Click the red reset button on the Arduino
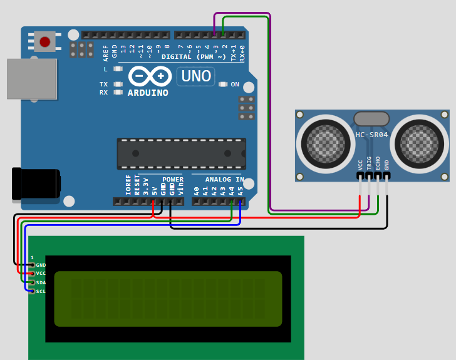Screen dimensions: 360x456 [x=44, y=42]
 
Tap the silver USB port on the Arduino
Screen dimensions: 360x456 [x=31, y=79]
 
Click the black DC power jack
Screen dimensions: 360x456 [x=36, y=183]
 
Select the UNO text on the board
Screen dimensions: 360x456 [x=195, y=77]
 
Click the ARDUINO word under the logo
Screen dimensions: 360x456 [x=148, y=93]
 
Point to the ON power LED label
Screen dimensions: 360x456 [x=235, y=85]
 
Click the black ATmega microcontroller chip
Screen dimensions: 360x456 [x=181, y=154]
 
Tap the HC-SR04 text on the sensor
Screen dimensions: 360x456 [x=372, y=135]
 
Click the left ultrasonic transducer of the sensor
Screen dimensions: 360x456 [x=325, y=143]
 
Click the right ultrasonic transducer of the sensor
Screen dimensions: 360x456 [x=419, y=143]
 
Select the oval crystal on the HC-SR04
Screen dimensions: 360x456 [x=372, y=119]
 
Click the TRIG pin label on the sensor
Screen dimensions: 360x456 [x=369, y=163]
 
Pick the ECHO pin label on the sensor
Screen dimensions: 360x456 [x=378, y=163]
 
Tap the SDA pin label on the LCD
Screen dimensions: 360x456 [x=41, y=282]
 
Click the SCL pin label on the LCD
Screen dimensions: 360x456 [x=41, y=291]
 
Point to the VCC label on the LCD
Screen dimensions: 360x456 [x=41, y=274]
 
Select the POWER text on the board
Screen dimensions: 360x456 [x=173, y=180]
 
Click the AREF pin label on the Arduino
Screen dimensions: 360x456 [x=106, y=52]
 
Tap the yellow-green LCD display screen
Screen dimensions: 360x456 [x=168, y=299]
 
